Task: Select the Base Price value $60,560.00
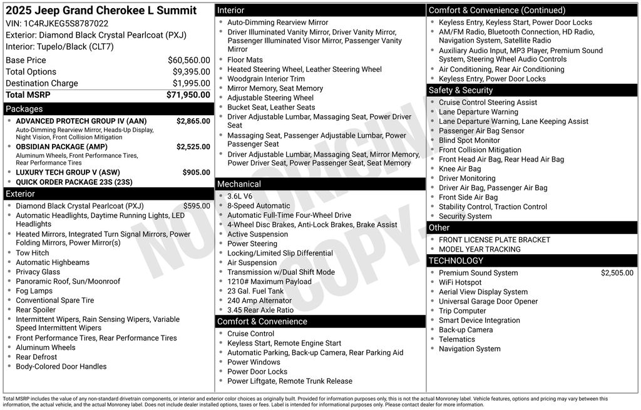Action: (188, 60)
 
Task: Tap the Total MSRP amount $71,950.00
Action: (188, 95)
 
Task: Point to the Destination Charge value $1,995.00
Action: (191, 83)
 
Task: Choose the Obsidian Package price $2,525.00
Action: (193, 146)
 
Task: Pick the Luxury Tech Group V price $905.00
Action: (196, 172)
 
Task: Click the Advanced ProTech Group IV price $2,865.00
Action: (193, 121)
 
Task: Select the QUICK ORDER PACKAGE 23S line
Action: (74, 182)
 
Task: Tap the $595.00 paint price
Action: (197, 206)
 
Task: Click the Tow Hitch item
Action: (32, 253)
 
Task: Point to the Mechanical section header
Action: (238, 184)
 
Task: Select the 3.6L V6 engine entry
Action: (240, 196)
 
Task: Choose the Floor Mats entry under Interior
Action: (245, 60)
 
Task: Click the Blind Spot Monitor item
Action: (469, 140)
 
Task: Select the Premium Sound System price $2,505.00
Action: (617, 273)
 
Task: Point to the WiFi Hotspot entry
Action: (460, 282)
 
